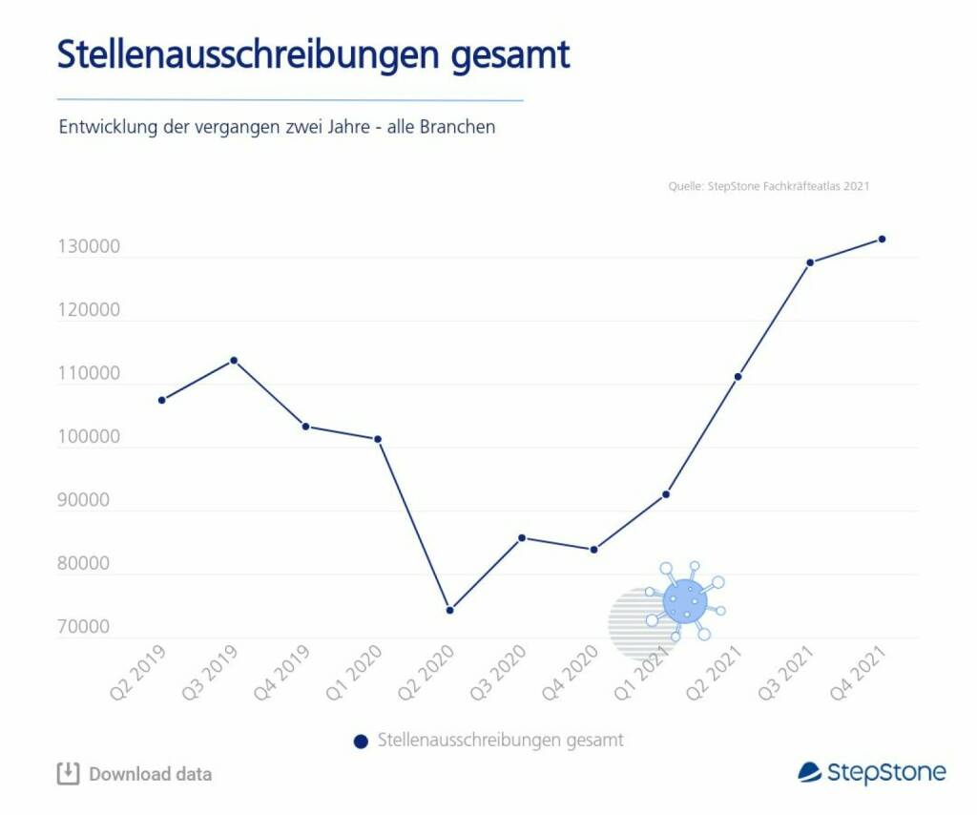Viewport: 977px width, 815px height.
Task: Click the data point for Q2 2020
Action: (449, 610)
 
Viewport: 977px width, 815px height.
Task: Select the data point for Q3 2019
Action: (234, 360)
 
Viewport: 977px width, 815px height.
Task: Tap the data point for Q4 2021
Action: (882, 239)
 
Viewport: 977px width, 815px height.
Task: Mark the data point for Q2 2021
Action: (738, 376)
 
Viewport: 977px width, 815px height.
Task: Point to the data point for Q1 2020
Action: (378, 439)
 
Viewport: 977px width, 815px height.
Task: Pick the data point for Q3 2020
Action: (522, 537)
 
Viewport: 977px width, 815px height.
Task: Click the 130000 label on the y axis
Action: (89, 247)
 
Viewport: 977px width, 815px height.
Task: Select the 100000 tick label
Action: (89, 437)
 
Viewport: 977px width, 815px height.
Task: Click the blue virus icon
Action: (684, 600)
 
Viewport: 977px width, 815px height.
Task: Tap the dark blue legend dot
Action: (361, 741)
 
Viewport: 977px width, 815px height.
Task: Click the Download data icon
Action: (68, 773)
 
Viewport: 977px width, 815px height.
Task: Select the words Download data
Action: (151, 774)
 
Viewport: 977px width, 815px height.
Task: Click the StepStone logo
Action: (871, 772)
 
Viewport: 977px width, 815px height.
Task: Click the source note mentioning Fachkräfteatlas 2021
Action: (769, 186)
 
